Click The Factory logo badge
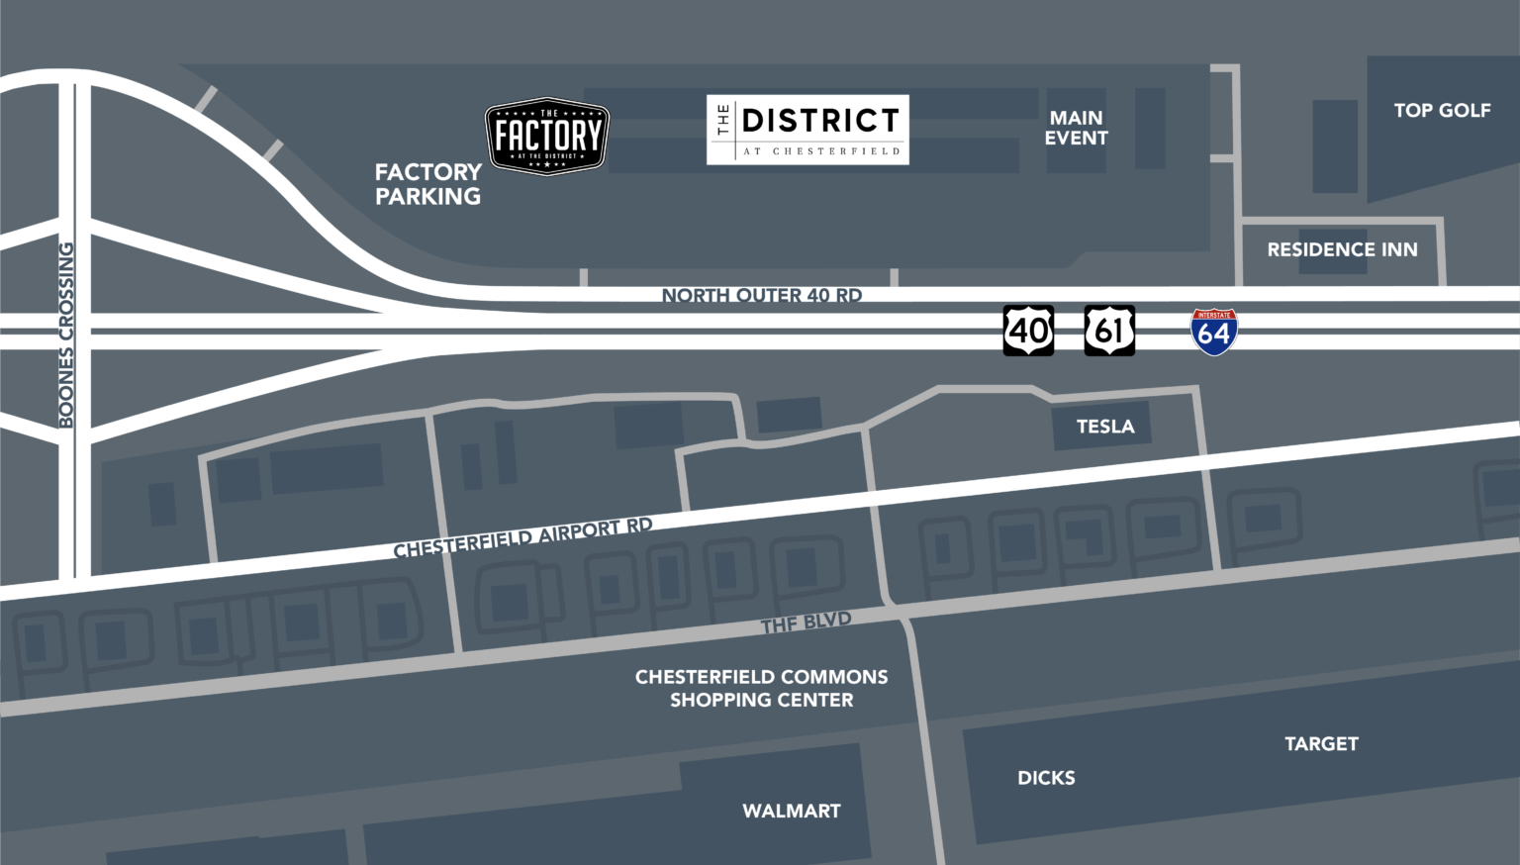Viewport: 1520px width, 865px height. pyautogui.click(x=546, y=136)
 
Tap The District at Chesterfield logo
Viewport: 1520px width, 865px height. pyautogui.click(x=807, y=130)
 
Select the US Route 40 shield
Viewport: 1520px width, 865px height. pyautogui.click(x=1028, y=331)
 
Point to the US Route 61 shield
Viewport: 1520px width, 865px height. pyautogui.click(x=1109, y=331)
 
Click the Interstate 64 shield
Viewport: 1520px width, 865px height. pyautogui.click(x=1213, y=333)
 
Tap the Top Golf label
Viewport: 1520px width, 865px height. pyautogui.click(x=1442, y=111)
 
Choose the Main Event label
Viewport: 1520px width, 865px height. pyautogui.click(x=1076, y=128)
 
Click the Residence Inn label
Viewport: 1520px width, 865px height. pyautogui.click(x=1342, y=249)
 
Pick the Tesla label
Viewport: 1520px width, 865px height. pyautogui.click(x=1105, y=427)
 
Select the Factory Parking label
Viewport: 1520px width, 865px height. pyautogui.click(x=427, y=184)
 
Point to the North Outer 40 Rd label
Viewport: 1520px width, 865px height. pyautogui.click(x=761, y=295)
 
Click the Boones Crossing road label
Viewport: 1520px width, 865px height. pyautogui.click(x=66, y=335)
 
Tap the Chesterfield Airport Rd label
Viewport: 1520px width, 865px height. pyautogui.click(x=522, y=536)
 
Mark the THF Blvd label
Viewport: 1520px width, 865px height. pyautogui.click(x=806, y=623)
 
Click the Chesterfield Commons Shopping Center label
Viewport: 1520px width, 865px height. pyautogui.click(x=761, y=688)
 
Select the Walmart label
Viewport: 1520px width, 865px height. pyautogui.click(x=792, y=811)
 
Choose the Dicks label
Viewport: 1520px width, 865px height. pyautogui.click(x=1046, y=778)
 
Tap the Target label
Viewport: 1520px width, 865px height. pyautogui.click(x=1321, y=743)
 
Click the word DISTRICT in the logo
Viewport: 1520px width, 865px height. pyautogui.click(x=820, y=121)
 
